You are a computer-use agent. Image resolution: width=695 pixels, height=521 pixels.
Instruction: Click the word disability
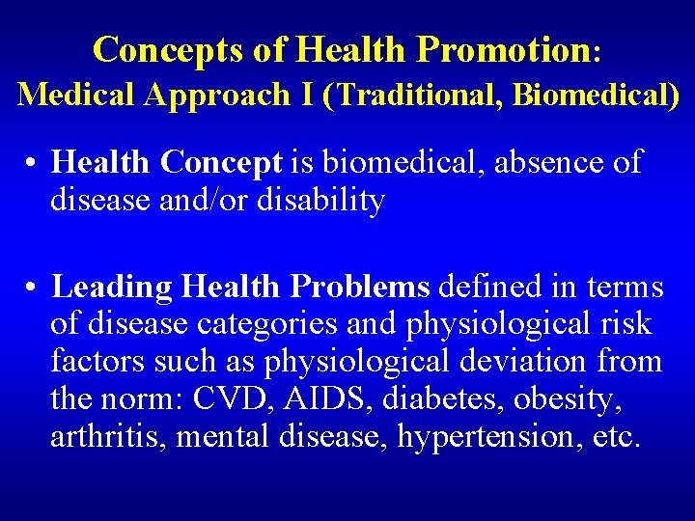tap(321, 201)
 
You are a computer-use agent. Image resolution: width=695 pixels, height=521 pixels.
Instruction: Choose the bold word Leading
tap(110, 287)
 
